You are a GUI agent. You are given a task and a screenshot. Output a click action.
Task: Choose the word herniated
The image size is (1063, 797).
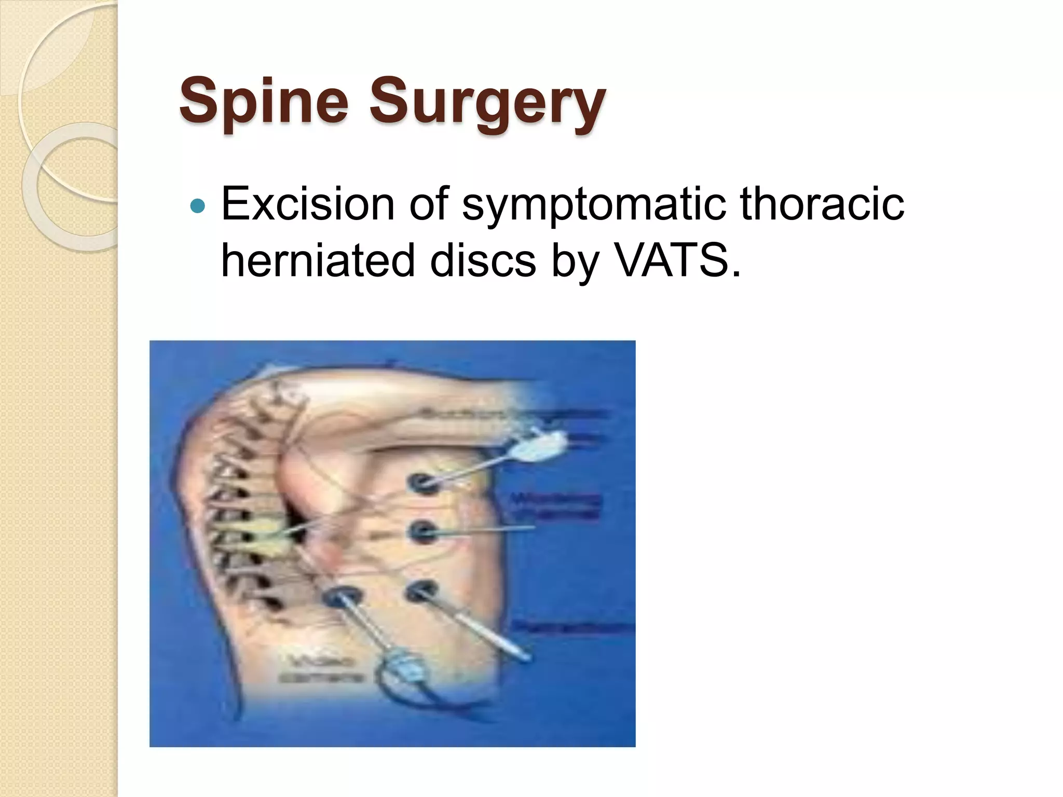click(x=318, y=260)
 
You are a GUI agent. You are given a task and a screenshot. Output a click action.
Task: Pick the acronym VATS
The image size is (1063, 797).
click(x=677, y=260)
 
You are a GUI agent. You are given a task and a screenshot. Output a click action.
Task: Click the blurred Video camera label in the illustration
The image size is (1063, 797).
click(x=322, y=669)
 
